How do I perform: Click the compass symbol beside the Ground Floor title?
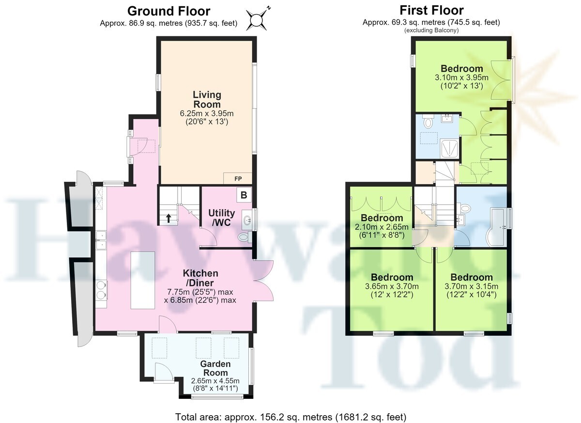[x=257, y=20]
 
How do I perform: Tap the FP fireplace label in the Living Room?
[x=238, y=178]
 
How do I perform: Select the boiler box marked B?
[x=244, y=195]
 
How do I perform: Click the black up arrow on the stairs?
[x=168, y=218]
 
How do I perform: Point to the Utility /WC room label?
[x=222, y=218]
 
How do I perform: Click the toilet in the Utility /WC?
[x=244, y=237]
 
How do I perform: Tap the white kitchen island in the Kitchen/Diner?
[x=142, y=280]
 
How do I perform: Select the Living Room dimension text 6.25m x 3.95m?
[x=207, y=113]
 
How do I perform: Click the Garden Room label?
[x=215, y=368]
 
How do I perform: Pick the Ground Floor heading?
[x=168, y=11]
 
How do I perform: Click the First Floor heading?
[x=431, y=10]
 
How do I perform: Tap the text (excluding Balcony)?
[x=431, y=31]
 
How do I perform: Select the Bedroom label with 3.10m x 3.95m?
[x=462, y=68]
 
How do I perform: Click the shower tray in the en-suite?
[x=449, y=148]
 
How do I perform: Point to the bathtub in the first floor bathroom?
[x=497, y=227]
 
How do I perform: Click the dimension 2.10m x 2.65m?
[x=382, y=227]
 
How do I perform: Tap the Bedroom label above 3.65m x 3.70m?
[x=392, y=277]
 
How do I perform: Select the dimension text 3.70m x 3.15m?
[x=471, y=286]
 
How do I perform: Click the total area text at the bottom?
[x=291, y=417]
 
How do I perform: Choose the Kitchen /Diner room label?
[x=200, y=278]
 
